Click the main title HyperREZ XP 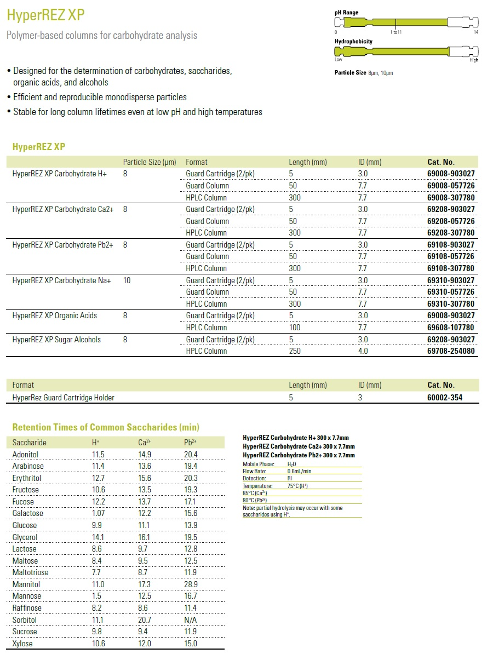click(x=46, y=15)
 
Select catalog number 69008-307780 click(x=451, y=197)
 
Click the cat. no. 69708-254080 click(x=451, y=351)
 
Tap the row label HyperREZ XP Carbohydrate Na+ click(x=61, y=280)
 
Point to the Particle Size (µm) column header click(x=150, y=162)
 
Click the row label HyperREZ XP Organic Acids click(x=54, y=315)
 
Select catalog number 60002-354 click(x=445, y=398)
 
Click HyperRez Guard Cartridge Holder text click(x=63, y=398)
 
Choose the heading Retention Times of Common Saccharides click(x=106, y=427)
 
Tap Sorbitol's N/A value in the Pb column click(x=191, y=620)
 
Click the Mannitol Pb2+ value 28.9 click(x=191, y=584)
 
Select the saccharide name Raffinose click(x=27, y=608)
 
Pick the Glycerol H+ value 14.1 click(x=98, y=537)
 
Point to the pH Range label click(x=347, y=13)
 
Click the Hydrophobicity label click(x=353, y=42)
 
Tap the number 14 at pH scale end click(x=475, y=32)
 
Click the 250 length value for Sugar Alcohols click(x=295, y=351)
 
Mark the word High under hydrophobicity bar click(x=474, y=60)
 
